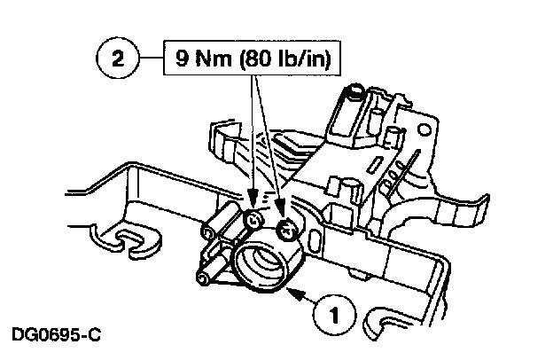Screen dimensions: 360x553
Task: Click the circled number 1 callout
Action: pyautogui.click(x=333, y=312)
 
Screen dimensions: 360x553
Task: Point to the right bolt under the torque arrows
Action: pyautogui.click(x=285, y=231)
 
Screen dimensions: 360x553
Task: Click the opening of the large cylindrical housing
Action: pyautogui.click(x=269, y=262)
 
